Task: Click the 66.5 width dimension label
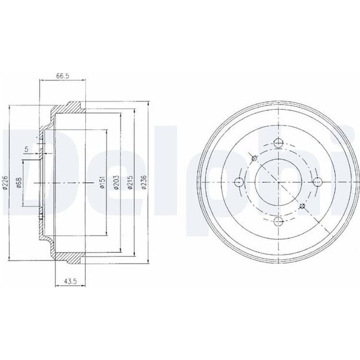tap(62, 76)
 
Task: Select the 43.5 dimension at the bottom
tap(70, 281)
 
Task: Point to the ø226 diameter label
tap(5, 183)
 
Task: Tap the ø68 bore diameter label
tap(19, 183)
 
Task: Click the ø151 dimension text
tap(102, 182)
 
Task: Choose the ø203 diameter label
tap(116, 182)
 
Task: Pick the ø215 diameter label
tap(130, 182)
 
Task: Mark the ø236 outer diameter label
tap(144, 182)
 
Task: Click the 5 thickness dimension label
tap(26, 149)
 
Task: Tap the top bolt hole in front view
tap(278, 143)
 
